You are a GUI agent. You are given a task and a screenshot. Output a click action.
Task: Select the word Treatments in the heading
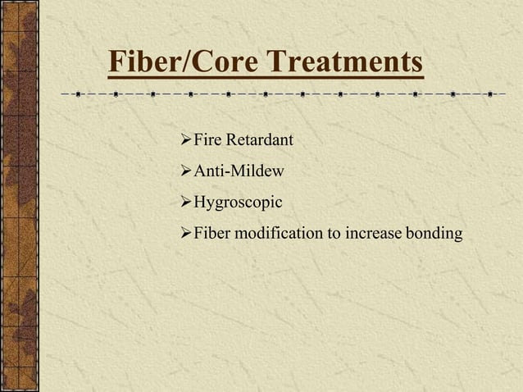click(347, 62)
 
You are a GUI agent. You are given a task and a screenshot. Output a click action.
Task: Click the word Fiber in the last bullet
click(211, 234)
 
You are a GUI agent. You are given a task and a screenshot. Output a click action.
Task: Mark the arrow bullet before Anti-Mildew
click(184, 171)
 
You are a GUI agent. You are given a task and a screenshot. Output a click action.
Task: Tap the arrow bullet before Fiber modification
click(184, 234)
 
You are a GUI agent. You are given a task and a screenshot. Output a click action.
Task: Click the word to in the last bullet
click(334, 234)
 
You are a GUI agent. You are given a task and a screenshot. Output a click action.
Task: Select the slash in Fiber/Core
click(190, 62)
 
